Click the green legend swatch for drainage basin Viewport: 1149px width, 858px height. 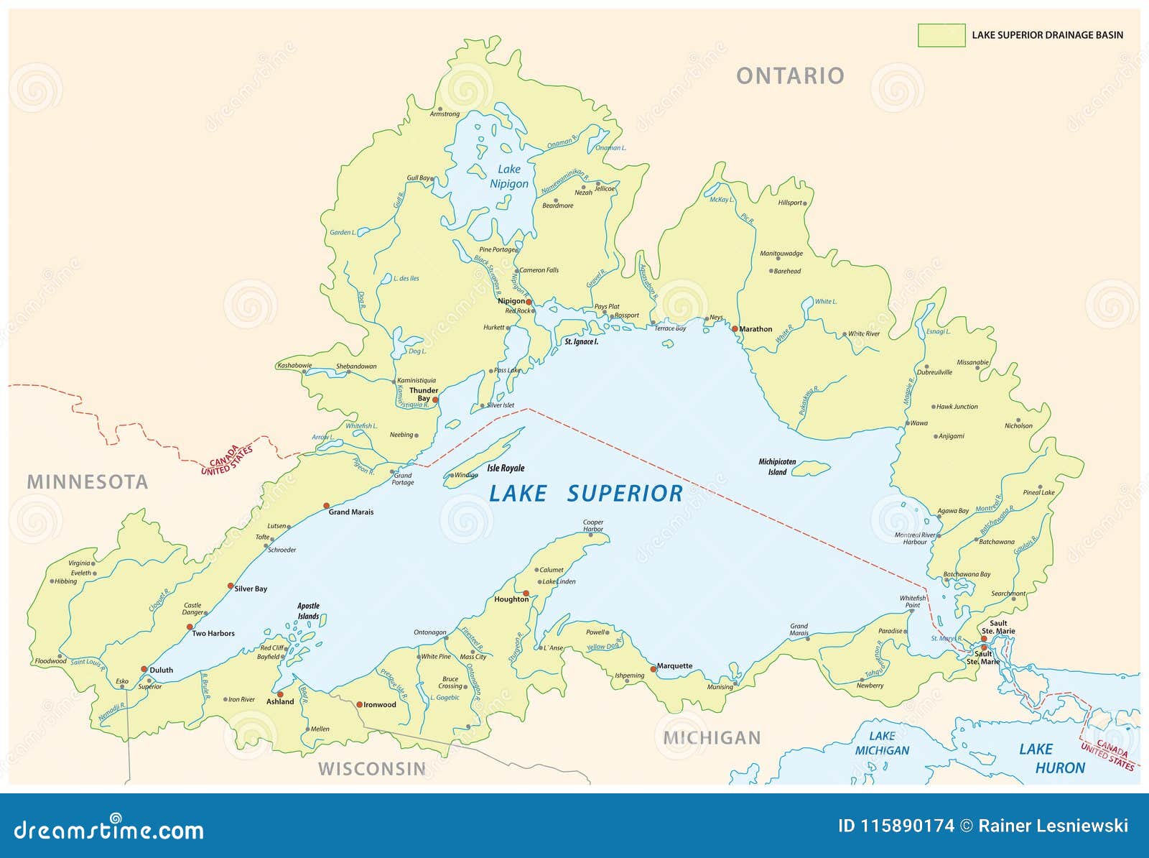(941, 35)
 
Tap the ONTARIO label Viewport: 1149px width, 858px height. (790, 75)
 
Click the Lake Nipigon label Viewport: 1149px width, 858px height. (509, 176)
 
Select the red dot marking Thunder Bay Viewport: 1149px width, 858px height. (435, 400)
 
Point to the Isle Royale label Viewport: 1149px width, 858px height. (506, 469)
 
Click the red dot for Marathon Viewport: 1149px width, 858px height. (735, 329)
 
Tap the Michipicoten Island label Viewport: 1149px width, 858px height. (777, 467)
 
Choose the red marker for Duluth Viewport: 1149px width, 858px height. (144, 669)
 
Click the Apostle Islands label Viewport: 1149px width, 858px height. (308, 611)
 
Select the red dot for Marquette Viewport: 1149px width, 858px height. (653, 669)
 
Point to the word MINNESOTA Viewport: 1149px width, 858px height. (88, 482)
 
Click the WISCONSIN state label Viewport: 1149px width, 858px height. (372, 769)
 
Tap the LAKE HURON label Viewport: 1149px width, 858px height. (1051, 759)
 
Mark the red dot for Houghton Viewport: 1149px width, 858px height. (526, 594)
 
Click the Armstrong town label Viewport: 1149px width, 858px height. (445, 114)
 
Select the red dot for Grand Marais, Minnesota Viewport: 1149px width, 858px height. (326, 506)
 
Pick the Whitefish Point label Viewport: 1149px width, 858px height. (912, 601)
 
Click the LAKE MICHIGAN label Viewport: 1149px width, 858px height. (882, 743)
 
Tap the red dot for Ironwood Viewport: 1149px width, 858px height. (360, 705)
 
